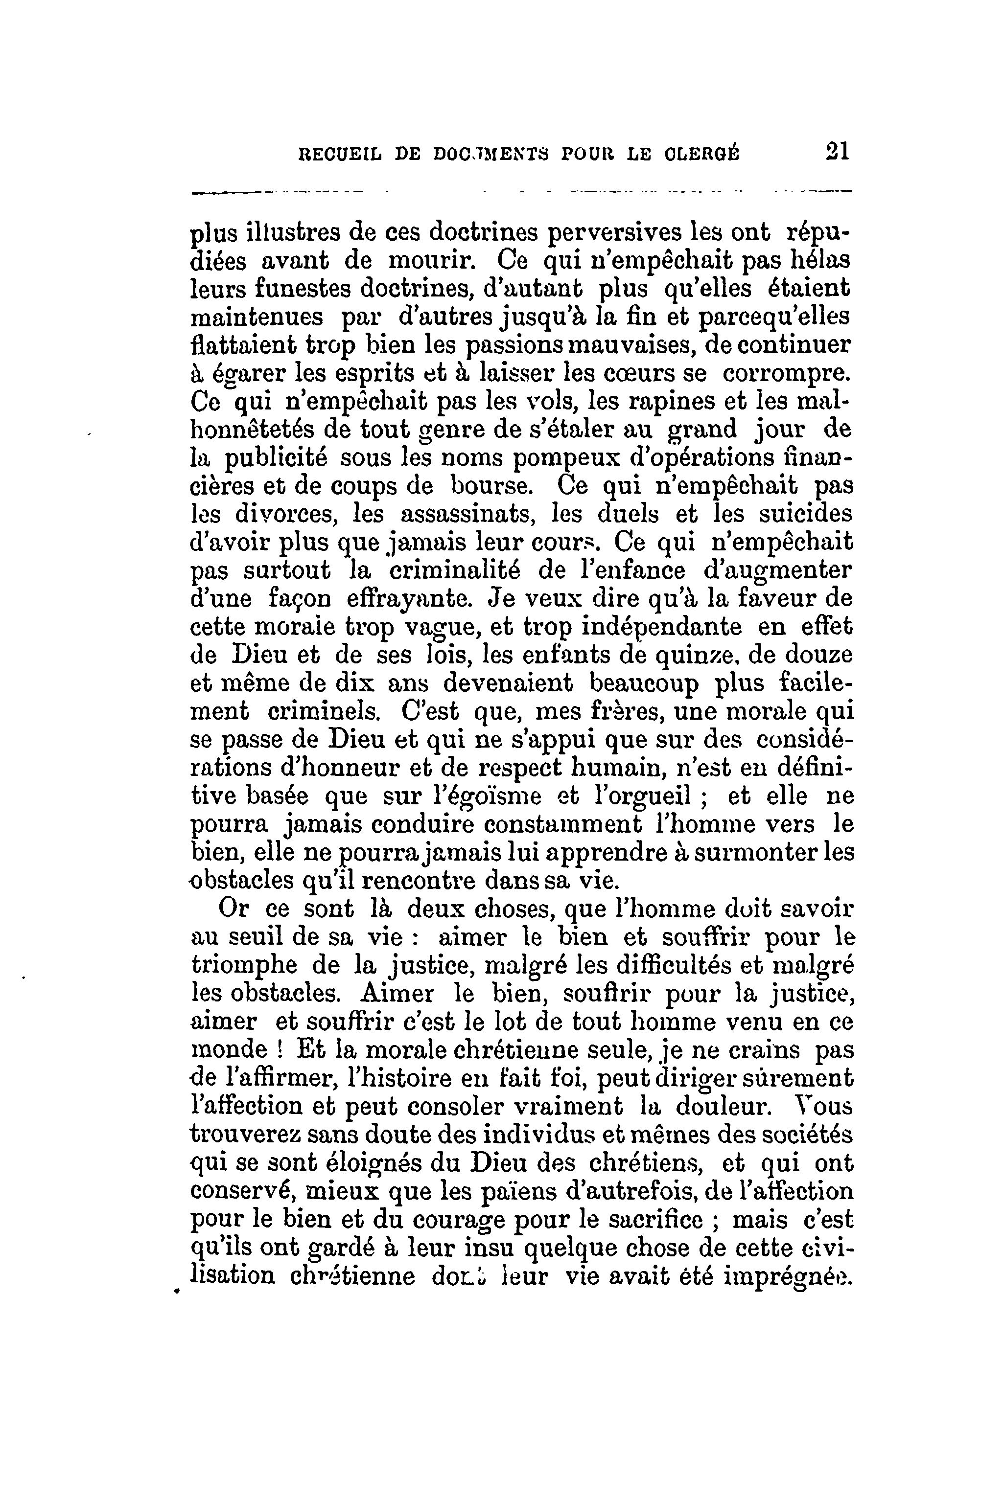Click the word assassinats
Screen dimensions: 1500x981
pyautogui.click(x=467, y=514)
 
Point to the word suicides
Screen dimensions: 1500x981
pyautogui.click(x=804, y=514)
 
